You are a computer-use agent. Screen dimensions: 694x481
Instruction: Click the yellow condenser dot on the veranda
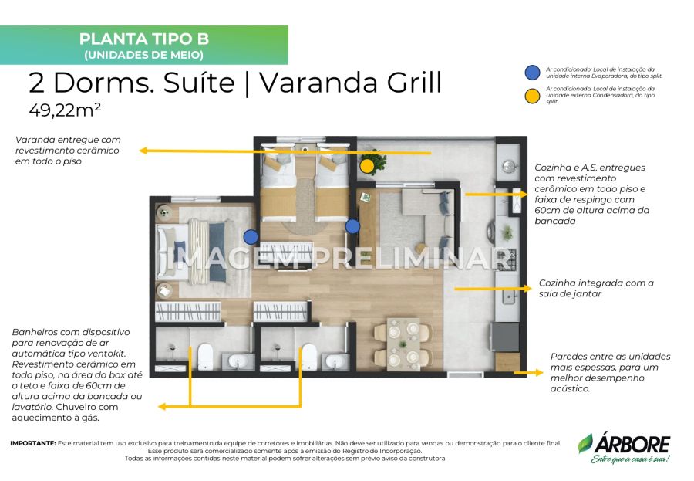(366, 166)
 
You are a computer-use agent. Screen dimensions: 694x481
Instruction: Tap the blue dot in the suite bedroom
(251, 237)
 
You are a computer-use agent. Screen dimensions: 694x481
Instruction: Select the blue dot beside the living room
(352, 226)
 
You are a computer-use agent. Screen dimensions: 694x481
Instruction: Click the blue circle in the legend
(532, 73)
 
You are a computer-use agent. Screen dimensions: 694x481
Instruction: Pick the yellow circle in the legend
(532, 96)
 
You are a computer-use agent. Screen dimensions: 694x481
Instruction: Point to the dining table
(403, 344)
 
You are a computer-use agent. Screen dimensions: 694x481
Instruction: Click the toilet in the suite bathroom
(205, 356)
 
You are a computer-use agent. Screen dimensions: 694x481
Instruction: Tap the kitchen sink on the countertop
(510, 296)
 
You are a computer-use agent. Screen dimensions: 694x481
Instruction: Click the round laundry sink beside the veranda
(510, 166)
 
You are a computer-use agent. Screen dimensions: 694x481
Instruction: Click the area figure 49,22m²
(65, 110)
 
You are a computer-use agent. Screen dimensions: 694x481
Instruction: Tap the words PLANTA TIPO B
(144, 39)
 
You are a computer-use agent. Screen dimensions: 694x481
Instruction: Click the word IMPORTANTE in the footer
(33, 443)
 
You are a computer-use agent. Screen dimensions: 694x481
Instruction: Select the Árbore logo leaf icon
(585, 443)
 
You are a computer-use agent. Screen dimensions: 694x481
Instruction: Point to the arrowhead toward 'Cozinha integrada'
(528, 289)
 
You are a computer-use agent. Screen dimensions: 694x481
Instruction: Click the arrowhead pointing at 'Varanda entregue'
(143, 151)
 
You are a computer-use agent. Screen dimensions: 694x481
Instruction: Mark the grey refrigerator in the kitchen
(504, 337)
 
